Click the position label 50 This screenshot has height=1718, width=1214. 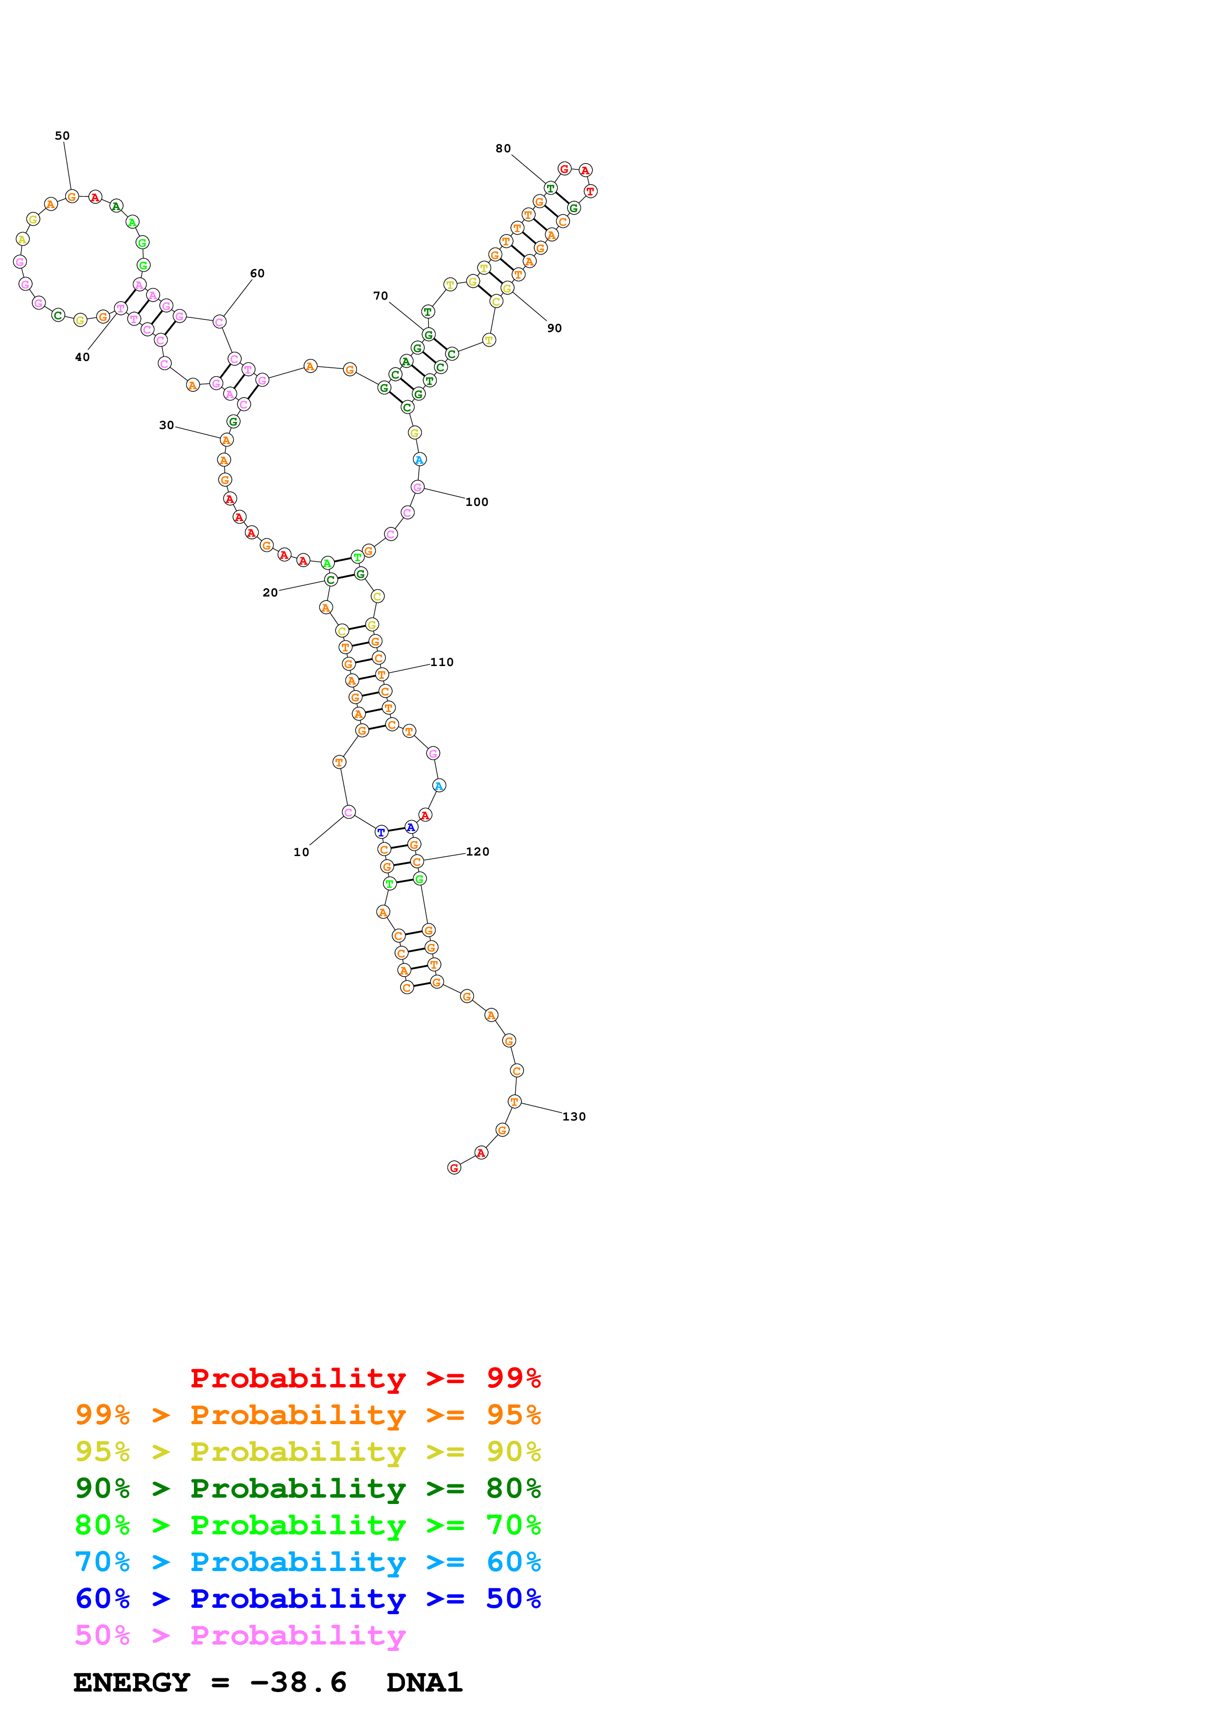[x=62, y=136]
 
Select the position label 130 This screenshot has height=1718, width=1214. [x=574, y=1117]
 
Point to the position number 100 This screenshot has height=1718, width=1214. [x=476, y=502]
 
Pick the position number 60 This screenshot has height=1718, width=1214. [x=257, y=273]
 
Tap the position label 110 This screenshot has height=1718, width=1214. [x=441, y=662]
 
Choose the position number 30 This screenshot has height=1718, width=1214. [x=166, y=425]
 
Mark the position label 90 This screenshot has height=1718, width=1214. [x=554, y=328]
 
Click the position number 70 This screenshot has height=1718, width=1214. [x=381, y=296]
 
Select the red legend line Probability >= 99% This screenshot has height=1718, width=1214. [x=365, y=1378]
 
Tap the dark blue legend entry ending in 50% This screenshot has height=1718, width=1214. [x=308, y=1599]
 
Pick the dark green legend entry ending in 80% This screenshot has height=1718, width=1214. [x=308, y=1488]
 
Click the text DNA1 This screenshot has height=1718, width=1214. [x=424, y=1683]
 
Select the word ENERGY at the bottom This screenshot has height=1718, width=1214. [x=132, y=1683]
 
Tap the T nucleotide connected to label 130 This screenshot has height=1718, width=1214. [x=515, y=1101]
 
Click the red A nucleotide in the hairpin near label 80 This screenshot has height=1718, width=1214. [x=586, y=170]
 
